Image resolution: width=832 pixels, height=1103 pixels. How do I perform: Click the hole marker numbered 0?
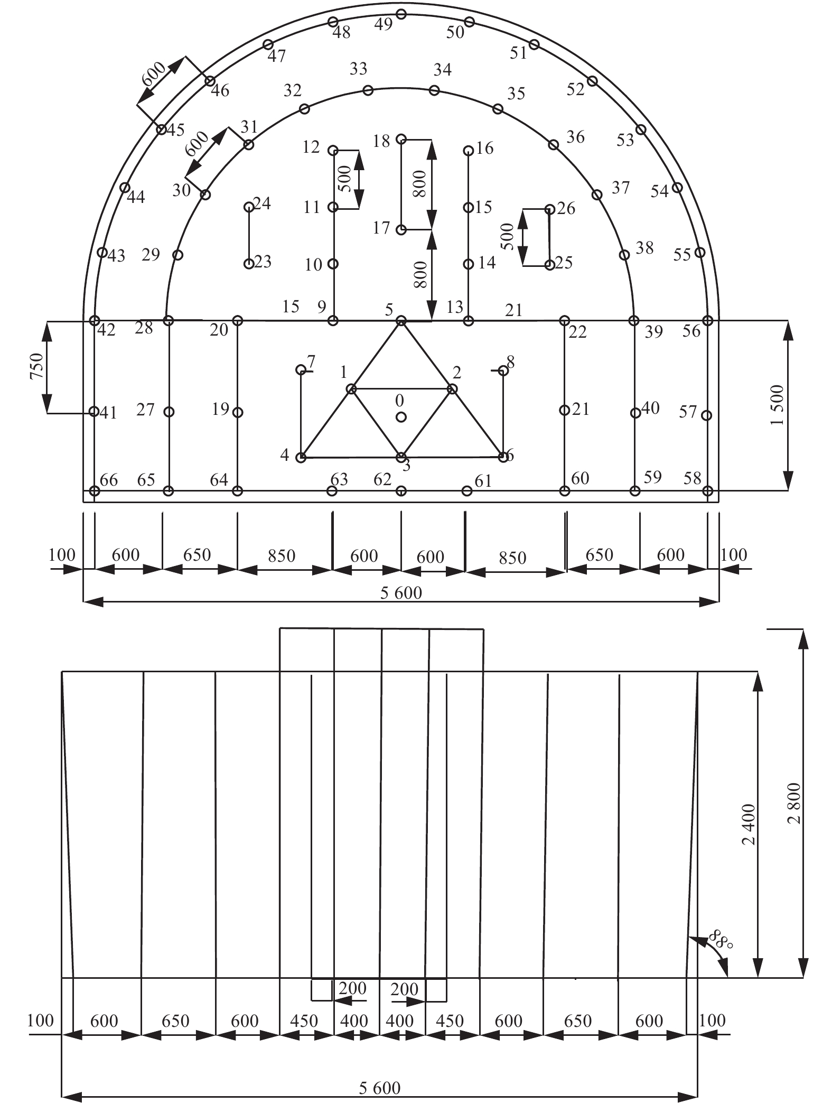[x=401, y=417]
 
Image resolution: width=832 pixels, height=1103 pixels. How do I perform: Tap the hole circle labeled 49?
[x=401, y=14]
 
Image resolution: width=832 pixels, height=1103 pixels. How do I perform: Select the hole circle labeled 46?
[x=210, y=81]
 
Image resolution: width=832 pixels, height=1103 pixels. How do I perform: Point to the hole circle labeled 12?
[x=333, y=151]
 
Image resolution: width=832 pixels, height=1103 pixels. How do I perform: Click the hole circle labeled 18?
[x=401, y=139]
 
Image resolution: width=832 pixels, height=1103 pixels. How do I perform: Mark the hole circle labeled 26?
[x=549, y=209]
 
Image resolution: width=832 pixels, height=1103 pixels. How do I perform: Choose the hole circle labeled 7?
[x=301, y=369]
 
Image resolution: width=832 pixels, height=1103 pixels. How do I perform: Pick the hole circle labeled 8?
[x=503, y=370]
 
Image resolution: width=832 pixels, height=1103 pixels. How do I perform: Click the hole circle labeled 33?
[x=368, y=90]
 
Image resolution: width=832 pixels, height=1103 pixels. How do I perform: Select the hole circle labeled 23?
[x=248, y=264]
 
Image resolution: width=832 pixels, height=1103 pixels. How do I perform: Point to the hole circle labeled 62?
[x=401, y=491]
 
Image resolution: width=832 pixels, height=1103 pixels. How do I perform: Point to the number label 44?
[x=136, y=198]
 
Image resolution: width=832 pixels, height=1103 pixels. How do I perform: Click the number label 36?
[x=575, y=137]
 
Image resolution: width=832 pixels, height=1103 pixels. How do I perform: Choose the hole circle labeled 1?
[x=351, y=390]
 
